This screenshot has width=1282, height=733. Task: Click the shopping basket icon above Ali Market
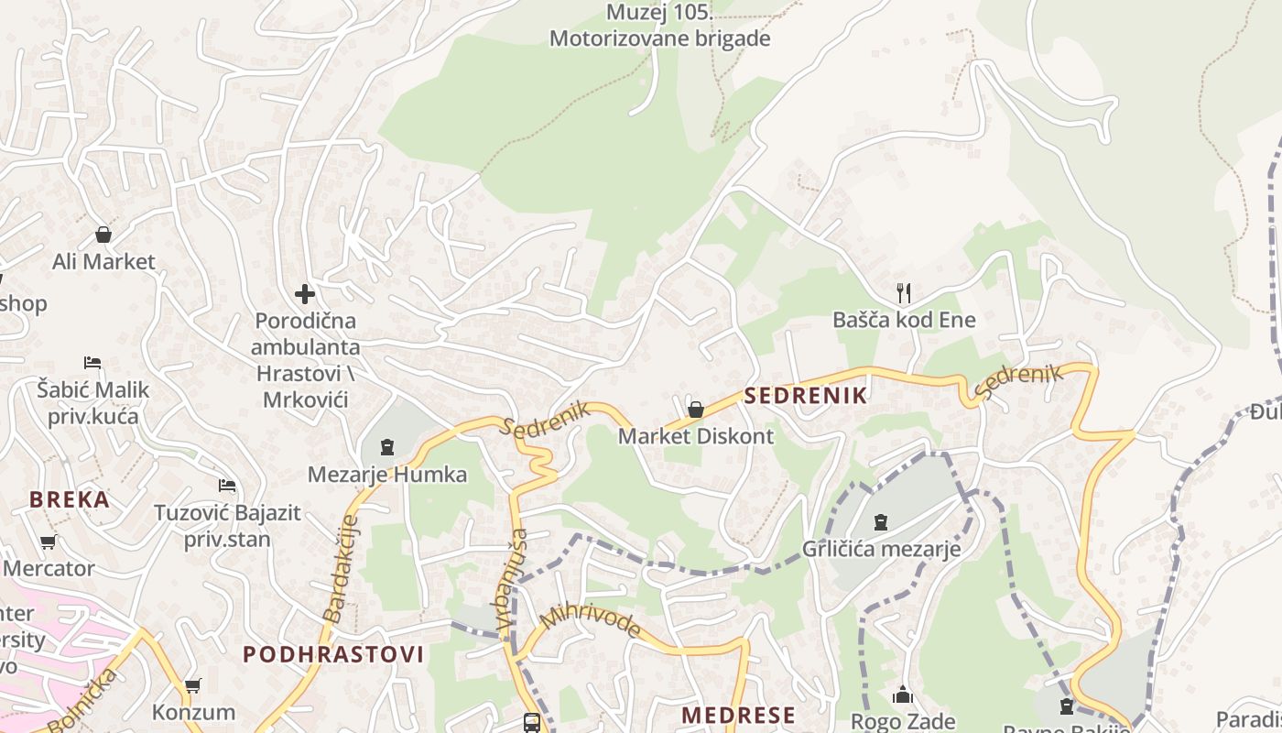coord(103,235)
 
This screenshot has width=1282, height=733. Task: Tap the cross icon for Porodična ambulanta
coord(305,294)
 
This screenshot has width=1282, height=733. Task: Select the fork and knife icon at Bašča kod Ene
coord(904,293)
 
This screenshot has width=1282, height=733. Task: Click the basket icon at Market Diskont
coord(696,409)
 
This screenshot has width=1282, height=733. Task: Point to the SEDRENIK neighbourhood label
coord(806,396)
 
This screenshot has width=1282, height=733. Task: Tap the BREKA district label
coord(70,499)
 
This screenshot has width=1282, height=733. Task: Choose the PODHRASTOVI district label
coord(333,654)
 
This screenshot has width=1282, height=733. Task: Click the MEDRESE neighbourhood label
coord(739,715)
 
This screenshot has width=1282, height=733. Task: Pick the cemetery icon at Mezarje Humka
coord(386,448)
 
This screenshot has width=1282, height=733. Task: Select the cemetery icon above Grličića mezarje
coord(881,522)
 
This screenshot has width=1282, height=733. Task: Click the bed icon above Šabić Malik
coord(92,362)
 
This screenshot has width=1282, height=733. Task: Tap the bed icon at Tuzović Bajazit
coord(227,485)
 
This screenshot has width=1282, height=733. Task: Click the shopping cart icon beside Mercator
coord(49,542)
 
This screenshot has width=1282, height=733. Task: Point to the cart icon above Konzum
coord(192,685)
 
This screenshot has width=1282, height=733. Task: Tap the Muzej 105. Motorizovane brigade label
coord(659,26)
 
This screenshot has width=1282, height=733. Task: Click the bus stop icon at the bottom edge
coord(531,723)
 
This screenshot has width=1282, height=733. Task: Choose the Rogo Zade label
coord(903,722)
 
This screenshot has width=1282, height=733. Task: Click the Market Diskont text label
coord(696,436)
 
